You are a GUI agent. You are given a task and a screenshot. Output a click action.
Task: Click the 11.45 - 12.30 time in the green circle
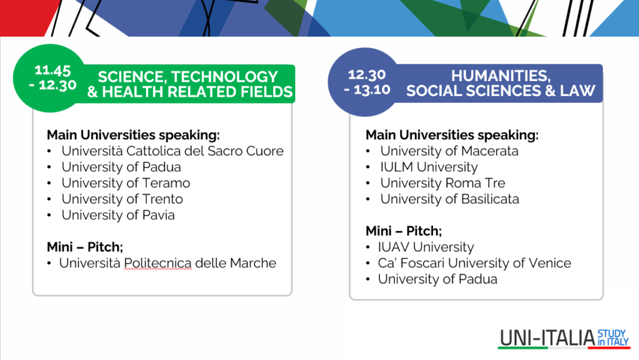[53, 77]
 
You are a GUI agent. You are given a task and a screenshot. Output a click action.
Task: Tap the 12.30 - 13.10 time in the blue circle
[367, 82]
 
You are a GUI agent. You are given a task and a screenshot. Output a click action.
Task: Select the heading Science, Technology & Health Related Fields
[190, 84]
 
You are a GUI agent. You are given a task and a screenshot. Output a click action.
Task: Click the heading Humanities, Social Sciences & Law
[501, 83]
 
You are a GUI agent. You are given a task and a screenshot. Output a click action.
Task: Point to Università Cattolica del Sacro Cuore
[172, 151]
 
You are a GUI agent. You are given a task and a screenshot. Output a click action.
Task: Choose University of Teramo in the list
[126, 183]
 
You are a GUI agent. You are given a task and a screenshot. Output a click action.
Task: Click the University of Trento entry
[122, 199]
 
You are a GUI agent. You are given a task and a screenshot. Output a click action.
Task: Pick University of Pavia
[118, 215]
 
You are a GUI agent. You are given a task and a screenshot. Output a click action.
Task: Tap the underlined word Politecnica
[158, 263]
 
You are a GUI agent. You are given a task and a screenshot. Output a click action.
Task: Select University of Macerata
[449, 151]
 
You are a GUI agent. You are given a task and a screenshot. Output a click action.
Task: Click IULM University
[429, 167]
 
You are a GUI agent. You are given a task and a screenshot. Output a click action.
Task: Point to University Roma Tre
[442, 183]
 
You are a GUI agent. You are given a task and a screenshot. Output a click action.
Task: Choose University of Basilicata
[450, 199]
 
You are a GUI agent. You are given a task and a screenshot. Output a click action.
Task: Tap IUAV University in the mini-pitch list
[426, 247]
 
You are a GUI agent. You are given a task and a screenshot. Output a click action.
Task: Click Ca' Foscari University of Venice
[474, 263]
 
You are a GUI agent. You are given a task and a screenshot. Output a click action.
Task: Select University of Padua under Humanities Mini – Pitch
[437, 280]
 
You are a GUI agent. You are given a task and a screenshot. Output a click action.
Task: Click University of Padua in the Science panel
[121, 167]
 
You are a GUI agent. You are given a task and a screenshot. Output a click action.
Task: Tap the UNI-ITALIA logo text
[547, 338]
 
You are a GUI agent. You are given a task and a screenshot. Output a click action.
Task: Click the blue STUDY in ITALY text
[613, 338]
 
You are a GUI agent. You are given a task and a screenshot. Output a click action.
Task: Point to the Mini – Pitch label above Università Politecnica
[85, 247]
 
